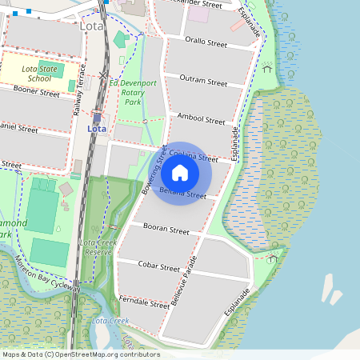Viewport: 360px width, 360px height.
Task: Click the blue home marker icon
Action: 180,173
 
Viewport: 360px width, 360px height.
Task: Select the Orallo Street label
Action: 206,42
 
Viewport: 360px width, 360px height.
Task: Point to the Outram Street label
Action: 203,81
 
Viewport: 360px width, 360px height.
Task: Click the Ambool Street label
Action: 202,118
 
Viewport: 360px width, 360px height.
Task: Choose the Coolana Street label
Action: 194,155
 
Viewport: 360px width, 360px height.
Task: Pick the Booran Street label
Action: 166,230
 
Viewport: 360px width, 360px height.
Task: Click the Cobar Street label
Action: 159,266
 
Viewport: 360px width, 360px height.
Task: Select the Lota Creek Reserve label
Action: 99,246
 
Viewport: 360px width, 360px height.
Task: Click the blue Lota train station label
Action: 97,128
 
